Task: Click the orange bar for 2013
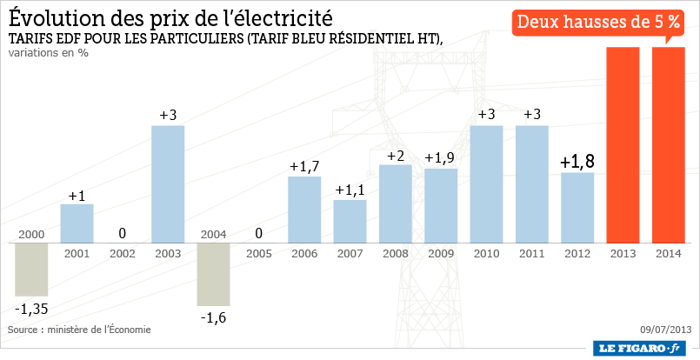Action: tap(623, 144)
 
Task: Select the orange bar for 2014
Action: tap(668, 144)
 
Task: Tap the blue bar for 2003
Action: tap(168, 183)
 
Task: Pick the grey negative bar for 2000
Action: tap(31, 270)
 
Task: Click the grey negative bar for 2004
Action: tap(213, 274)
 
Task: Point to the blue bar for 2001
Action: tap(77, 223)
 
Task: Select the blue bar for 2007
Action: tap(350, 221)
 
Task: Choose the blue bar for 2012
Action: tap(577, 207)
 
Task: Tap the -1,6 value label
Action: tap(213, 318)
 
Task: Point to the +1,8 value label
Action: tap(577, 161)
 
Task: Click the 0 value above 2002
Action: tap(123, 233)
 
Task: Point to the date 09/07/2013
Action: tap(665, 330)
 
